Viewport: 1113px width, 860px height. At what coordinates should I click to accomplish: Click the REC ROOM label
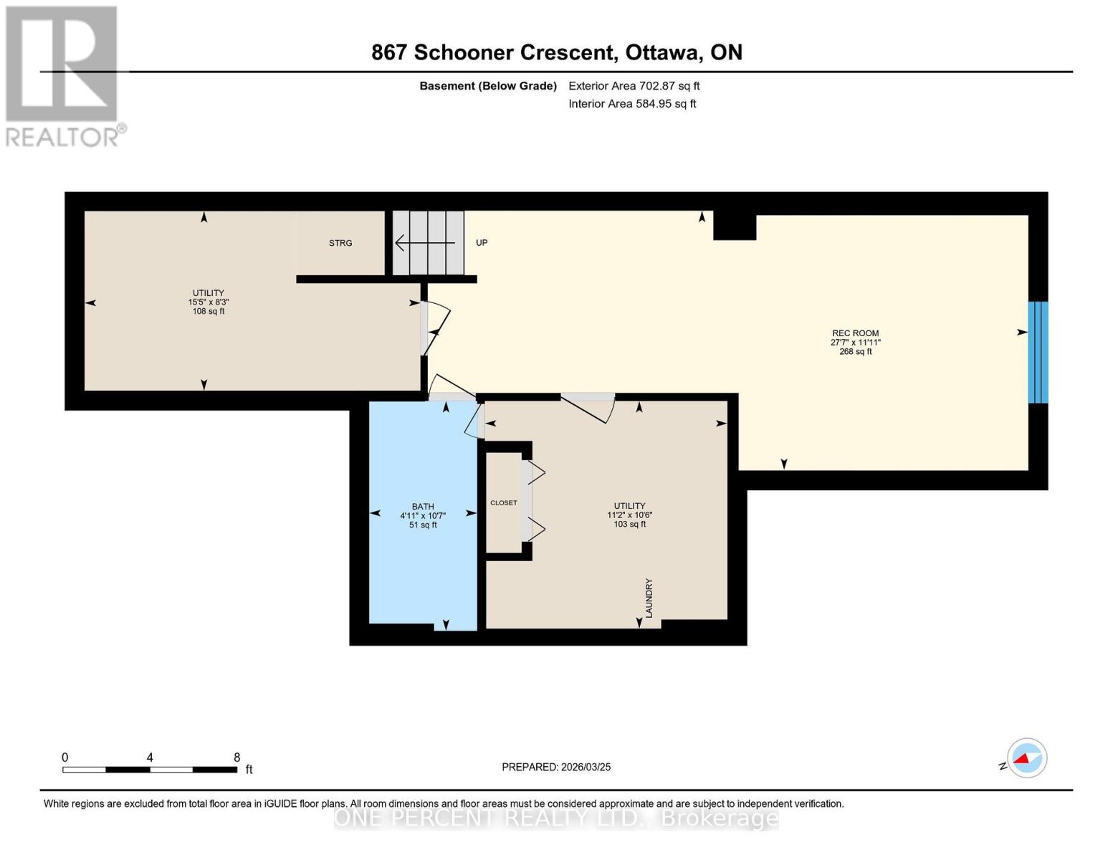(855, 333)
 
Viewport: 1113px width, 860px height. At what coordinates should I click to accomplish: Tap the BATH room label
(423, 507)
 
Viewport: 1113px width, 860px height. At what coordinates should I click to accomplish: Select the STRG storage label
(340, 243)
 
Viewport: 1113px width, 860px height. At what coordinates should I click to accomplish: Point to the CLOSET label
(503, 503)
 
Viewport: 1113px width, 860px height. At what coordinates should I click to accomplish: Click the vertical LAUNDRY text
(649, 598)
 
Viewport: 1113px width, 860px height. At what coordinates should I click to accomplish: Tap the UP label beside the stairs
(482, 243)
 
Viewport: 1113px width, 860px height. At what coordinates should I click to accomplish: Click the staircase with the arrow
(428, 243)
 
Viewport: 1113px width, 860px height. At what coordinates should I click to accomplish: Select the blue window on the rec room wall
(1038, 352)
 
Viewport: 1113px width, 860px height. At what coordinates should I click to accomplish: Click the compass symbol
(1026, 758)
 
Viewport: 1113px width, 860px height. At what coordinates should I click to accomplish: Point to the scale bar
(150, 769)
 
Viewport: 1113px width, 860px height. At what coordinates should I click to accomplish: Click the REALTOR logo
(63, 76)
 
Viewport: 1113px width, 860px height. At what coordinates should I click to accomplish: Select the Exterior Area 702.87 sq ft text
(634, 86)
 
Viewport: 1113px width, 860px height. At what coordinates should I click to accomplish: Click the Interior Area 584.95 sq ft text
(632, 104)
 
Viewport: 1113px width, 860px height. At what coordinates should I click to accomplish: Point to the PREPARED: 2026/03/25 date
(556, 767)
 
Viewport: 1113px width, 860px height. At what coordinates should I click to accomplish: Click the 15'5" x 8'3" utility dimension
(209, 302)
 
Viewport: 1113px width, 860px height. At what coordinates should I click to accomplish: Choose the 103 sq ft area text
(629, 524)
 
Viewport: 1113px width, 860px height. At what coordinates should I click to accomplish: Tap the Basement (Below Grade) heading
(488, 86)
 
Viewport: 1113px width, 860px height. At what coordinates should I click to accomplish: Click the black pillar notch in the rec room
(735, 227)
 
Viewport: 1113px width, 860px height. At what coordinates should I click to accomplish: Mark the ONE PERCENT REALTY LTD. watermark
(556, 818)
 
